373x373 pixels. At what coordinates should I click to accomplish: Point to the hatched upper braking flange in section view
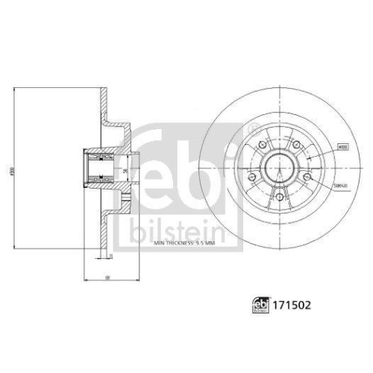coord(104,112)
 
